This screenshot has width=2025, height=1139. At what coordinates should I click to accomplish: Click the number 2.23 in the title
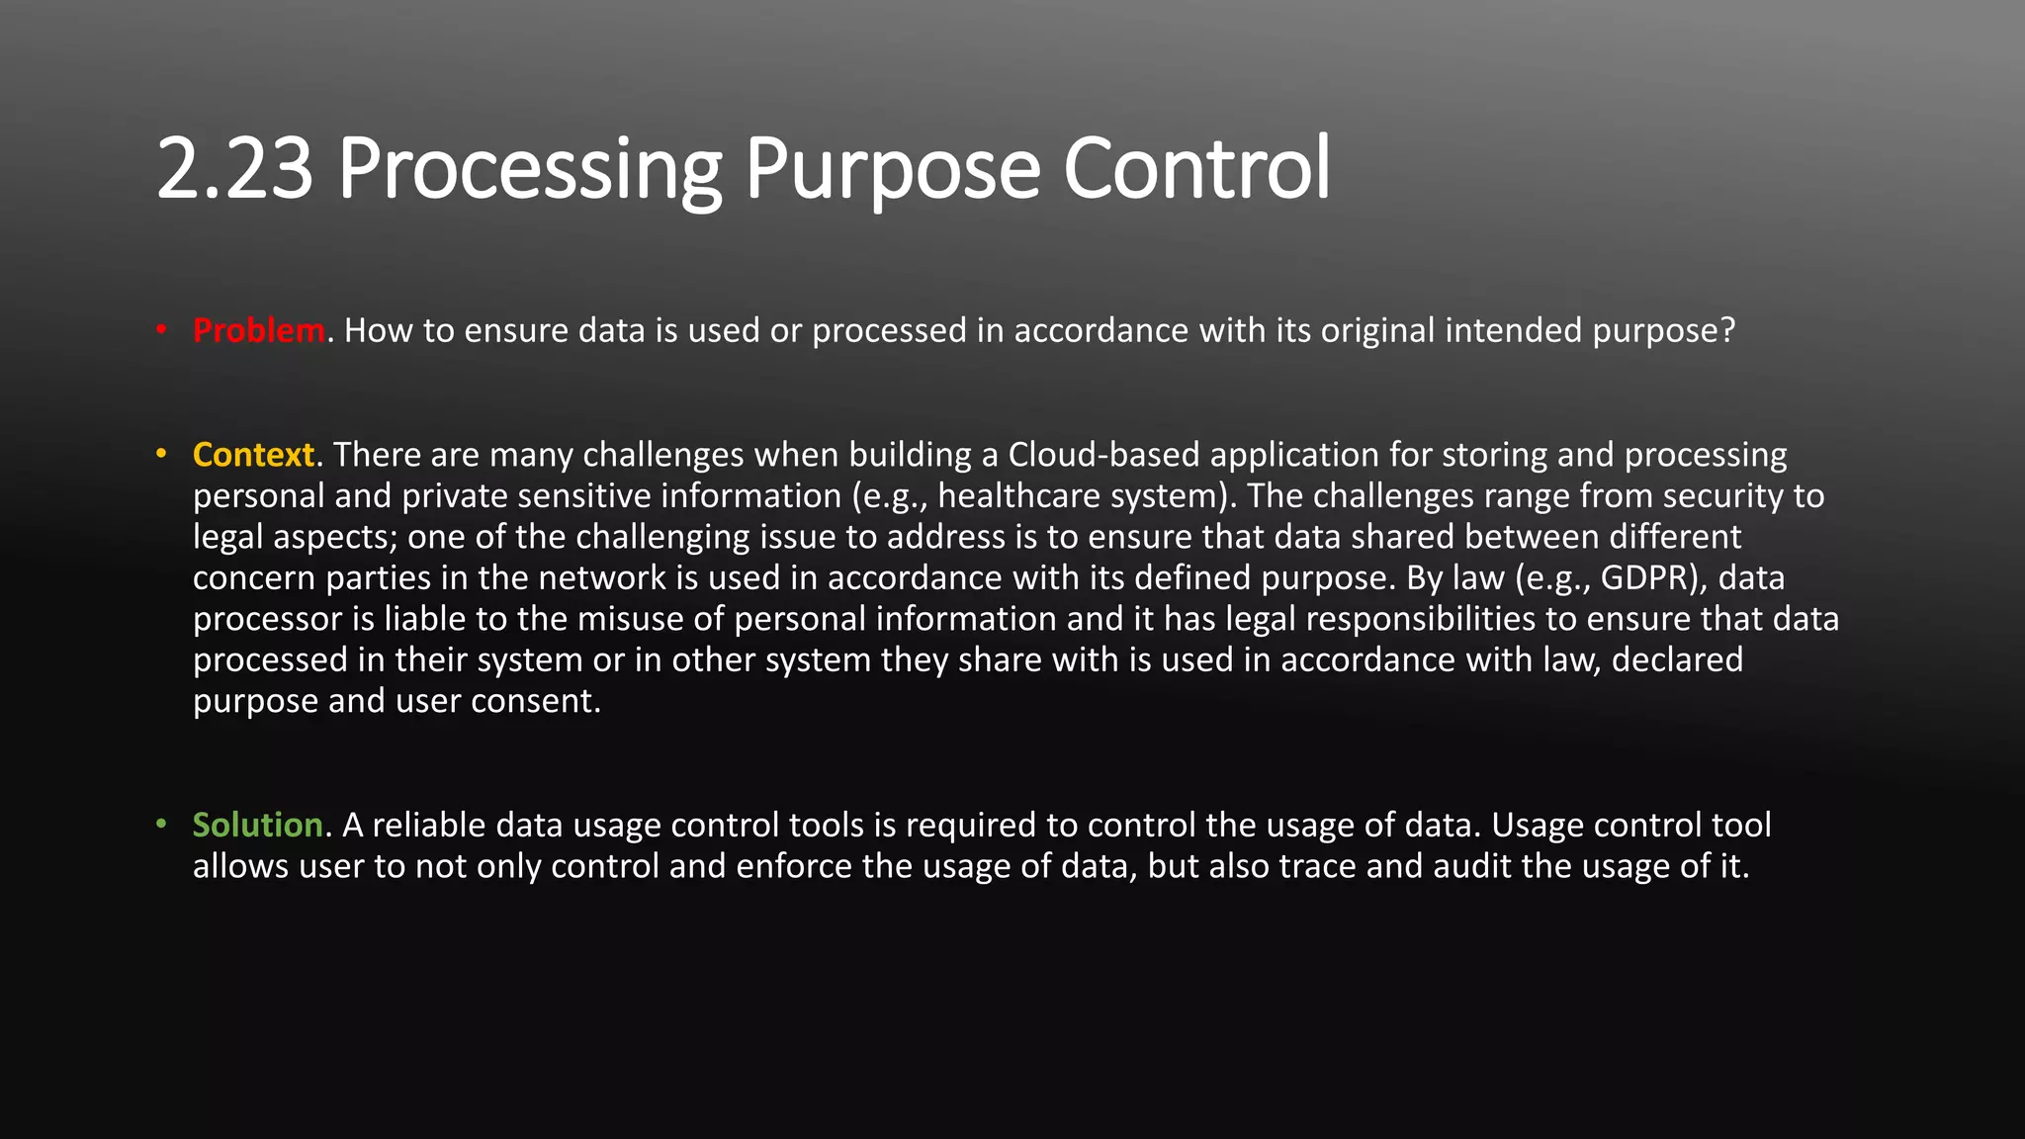coord(234,168)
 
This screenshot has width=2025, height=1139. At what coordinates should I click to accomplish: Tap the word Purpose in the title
coord(892,168)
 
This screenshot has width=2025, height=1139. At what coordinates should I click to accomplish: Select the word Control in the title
coord(1196,168)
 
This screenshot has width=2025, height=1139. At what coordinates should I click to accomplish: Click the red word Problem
coord(258,330)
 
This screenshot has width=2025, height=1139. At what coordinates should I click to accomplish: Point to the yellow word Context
coord(253,455)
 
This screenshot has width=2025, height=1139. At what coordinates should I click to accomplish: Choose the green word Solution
coord(257,825)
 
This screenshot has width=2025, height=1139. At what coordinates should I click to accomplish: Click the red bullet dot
coord(161,330)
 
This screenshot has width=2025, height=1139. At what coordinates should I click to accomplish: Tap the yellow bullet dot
coord(161,455)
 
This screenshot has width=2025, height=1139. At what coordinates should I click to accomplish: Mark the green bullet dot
coord(161,825)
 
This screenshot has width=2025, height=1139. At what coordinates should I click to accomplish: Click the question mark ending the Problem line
coord(1727,330)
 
